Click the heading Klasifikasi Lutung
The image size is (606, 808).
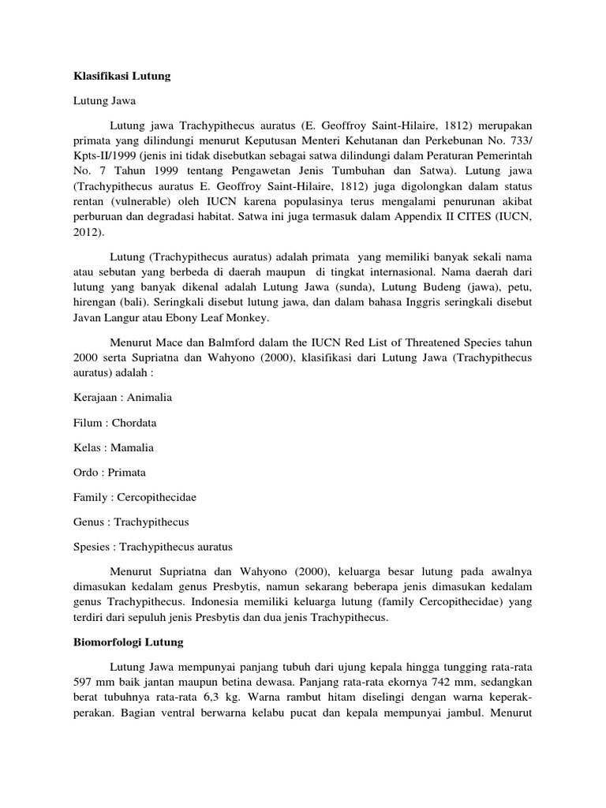(117, 77)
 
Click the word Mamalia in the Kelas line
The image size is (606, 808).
(133, 447)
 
